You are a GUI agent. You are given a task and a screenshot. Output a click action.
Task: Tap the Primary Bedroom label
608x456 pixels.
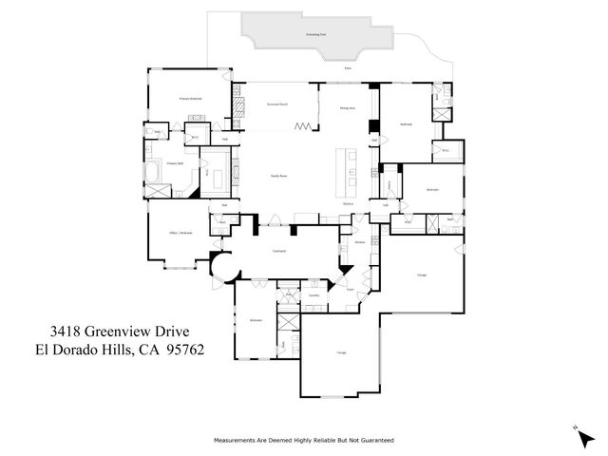191,99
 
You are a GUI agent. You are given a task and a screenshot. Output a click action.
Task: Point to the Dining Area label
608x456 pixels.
348,109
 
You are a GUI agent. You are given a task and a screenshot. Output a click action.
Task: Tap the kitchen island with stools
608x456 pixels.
352,166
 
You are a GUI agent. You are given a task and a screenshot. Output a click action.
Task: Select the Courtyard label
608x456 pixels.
280,252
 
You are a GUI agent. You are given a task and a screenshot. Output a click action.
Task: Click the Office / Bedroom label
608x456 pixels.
168,233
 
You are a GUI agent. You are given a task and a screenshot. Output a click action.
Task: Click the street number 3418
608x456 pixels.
66,332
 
